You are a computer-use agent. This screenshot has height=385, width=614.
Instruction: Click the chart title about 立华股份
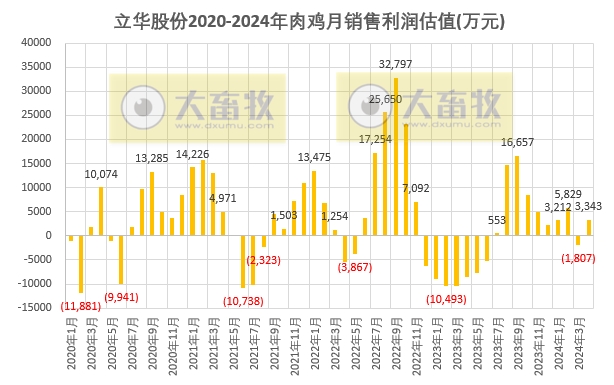click(307, 19)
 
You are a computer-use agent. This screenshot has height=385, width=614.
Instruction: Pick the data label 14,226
click(193, 154)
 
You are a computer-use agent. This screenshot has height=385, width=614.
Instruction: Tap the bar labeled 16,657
click(517, 195)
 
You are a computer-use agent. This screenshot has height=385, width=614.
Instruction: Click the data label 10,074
click(101, 174)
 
